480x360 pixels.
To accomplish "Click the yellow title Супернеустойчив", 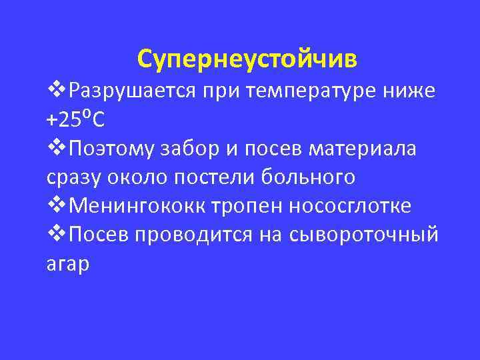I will [x=247, y=59].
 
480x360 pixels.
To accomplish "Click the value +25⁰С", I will [x=75, y=120].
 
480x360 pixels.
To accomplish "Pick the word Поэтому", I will [x=109, y=149].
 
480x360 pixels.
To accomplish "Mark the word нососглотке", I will [x=350, y=207].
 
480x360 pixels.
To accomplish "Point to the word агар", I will [x=67, y=264].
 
